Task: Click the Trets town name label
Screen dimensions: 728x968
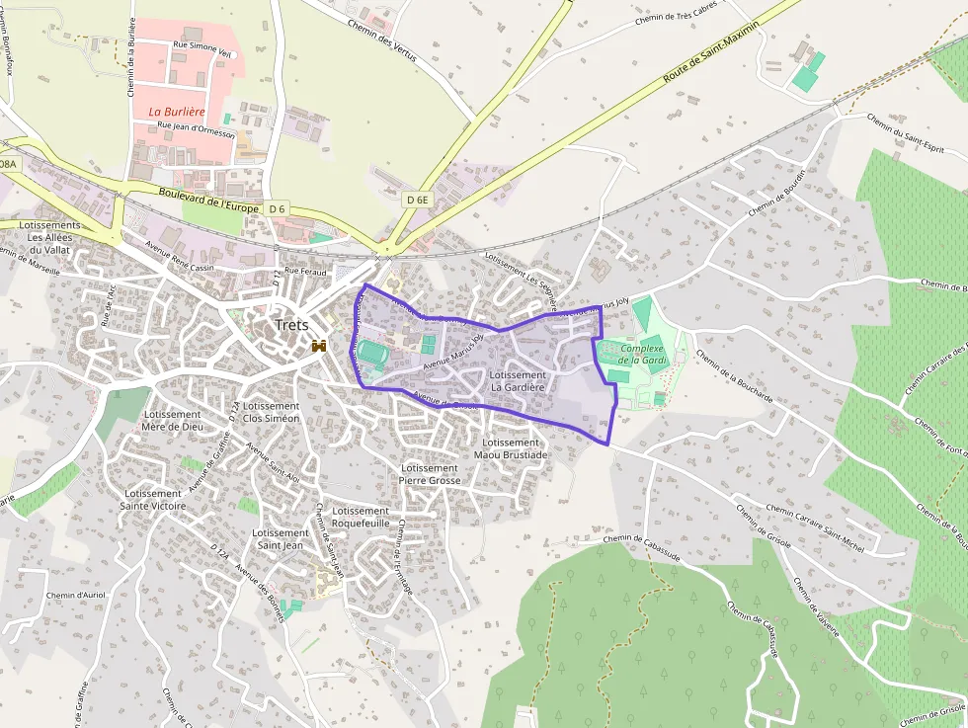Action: (291, 325)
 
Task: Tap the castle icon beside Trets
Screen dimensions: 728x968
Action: (319, 346)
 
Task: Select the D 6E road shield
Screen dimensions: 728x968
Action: (417, 200)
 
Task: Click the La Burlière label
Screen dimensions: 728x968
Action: (176, 113)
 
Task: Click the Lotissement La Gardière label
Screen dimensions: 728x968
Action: (518, 381)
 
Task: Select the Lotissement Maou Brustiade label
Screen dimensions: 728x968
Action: (511, 448)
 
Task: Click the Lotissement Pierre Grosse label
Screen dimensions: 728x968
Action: (429, 474)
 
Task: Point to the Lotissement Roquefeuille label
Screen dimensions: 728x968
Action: (361, 517)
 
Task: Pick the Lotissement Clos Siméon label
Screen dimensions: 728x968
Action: (271, 412)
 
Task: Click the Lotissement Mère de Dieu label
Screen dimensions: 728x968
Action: (172, 420)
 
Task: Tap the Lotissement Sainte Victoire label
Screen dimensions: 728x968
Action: (153, 500)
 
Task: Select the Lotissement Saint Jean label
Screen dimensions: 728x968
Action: (280, 538)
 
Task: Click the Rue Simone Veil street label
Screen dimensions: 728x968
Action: (203, 44)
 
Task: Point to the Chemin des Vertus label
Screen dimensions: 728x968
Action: (382, 40)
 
